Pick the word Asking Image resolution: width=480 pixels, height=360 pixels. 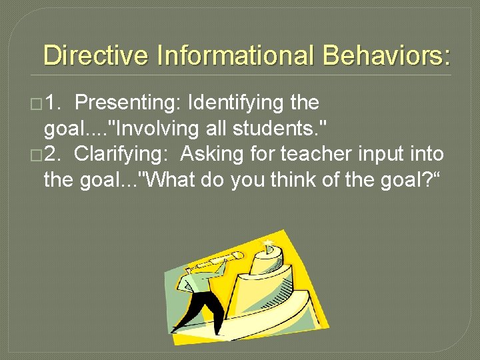[x=211, y=155]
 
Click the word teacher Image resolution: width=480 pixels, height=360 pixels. [x=315, y=155]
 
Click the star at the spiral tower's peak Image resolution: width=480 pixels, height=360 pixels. [x=269, y=243]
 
